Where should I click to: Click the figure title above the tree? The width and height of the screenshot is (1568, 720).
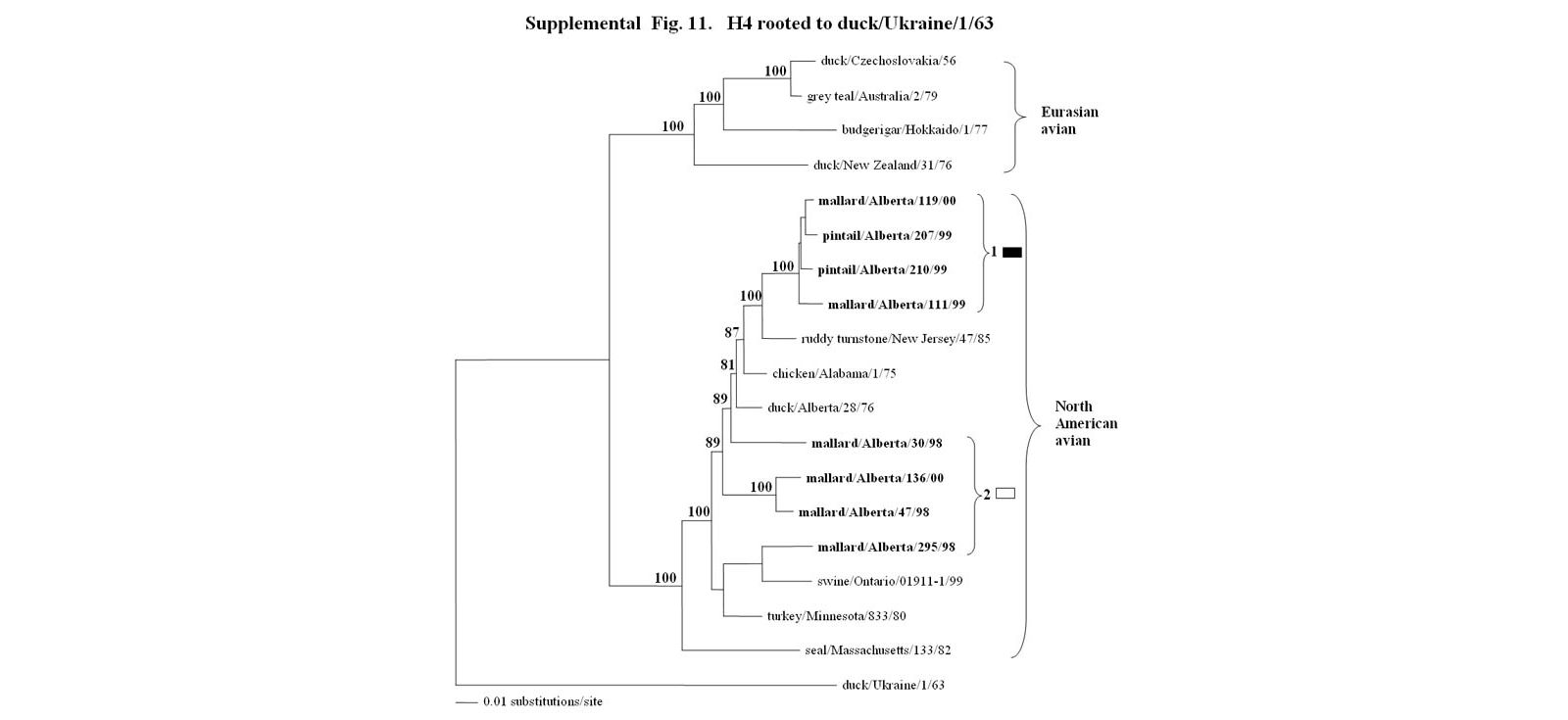(x=759, y=23)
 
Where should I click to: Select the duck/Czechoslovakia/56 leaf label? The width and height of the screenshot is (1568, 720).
(x=888, y=61)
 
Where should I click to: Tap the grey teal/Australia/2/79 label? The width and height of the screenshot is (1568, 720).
(x=872, y=96)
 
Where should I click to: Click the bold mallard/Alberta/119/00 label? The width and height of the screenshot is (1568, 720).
(x=886, y=201)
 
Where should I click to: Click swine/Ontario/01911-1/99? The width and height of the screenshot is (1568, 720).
(x=890, y=581)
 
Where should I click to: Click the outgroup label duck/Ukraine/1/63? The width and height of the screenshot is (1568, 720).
(x=893, y=685)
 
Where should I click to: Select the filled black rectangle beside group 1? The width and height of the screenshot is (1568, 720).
(x=1012, y=253)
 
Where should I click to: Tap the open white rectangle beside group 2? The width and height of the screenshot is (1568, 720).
(x=1005, y=493)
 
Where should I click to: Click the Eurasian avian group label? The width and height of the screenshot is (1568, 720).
(x=1069, y=120)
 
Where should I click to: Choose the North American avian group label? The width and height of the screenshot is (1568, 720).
(x=1085, y=423)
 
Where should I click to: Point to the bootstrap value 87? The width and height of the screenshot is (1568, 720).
(x=732, y=332)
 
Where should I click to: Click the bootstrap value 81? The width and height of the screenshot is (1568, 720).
(x=727, y=364)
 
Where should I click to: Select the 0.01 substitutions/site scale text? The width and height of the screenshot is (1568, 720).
(x=542, y=701)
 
